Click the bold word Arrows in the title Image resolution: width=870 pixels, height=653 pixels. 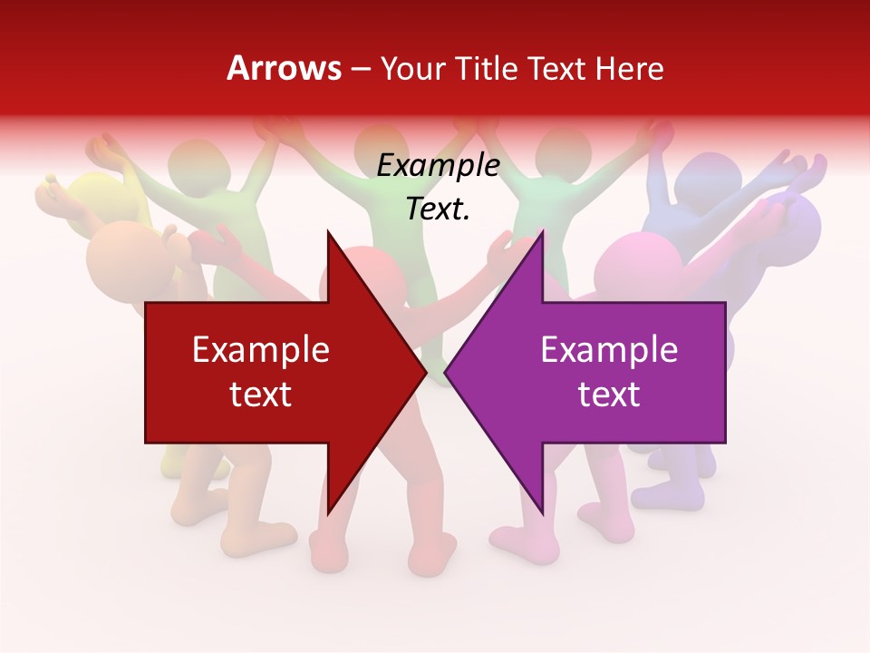tap(284, 68)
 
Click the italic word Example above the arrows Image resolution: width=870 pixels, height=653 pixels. tap(438, 166)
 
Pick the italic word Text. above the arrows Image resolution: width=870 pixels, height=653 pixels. tap(438, 209)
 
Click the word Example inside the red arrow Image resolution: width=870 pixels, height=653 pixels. tap(261, 350)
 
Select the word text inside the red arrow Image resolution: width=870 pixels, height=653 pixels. tap(261, 394)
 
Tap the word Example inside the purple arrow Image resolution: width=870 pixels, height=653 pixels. tap(609, 350)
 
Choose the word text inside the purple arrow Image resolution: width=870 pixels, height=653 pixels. tap(609, 394)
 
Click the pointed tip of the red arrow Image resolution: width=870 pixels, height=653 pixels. tap(426, 372)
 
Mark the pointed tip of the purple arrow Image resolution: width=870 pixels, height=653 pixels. tap(446, 372)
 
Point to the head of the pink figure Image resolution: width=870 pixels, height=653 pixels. tap(639, 263)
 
